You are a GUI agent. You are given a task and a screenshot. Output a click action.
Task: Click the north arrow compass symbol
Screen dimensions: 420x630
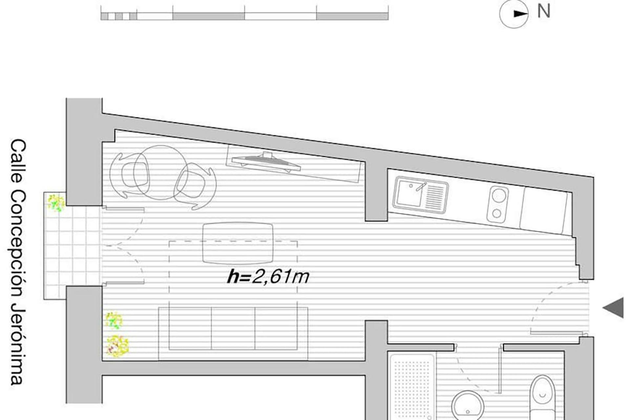[x=514, y=14]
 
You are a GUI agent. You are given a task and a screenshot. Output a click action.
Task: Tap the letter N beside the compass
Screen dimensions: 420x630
[x=544, y=11]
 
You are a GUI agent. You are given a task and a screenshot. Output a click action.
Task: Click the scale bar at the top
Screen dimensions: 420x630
[x=244, y=16]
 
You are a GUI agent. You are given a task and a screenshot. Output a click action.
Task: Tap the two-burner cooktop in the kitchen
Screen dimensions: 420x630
[x=497, y=204]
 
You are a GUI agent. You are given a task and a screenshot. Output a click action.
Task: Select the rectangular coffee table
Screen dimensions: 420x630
[x=238, y=243]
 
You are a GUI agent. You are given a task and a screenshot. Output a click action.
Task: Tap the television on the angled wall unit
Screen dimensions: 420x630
[x=266, y=161]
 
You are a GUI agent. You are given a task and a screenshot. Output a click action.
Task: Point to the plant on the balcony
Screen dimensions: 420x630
[x=55, y=202]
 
